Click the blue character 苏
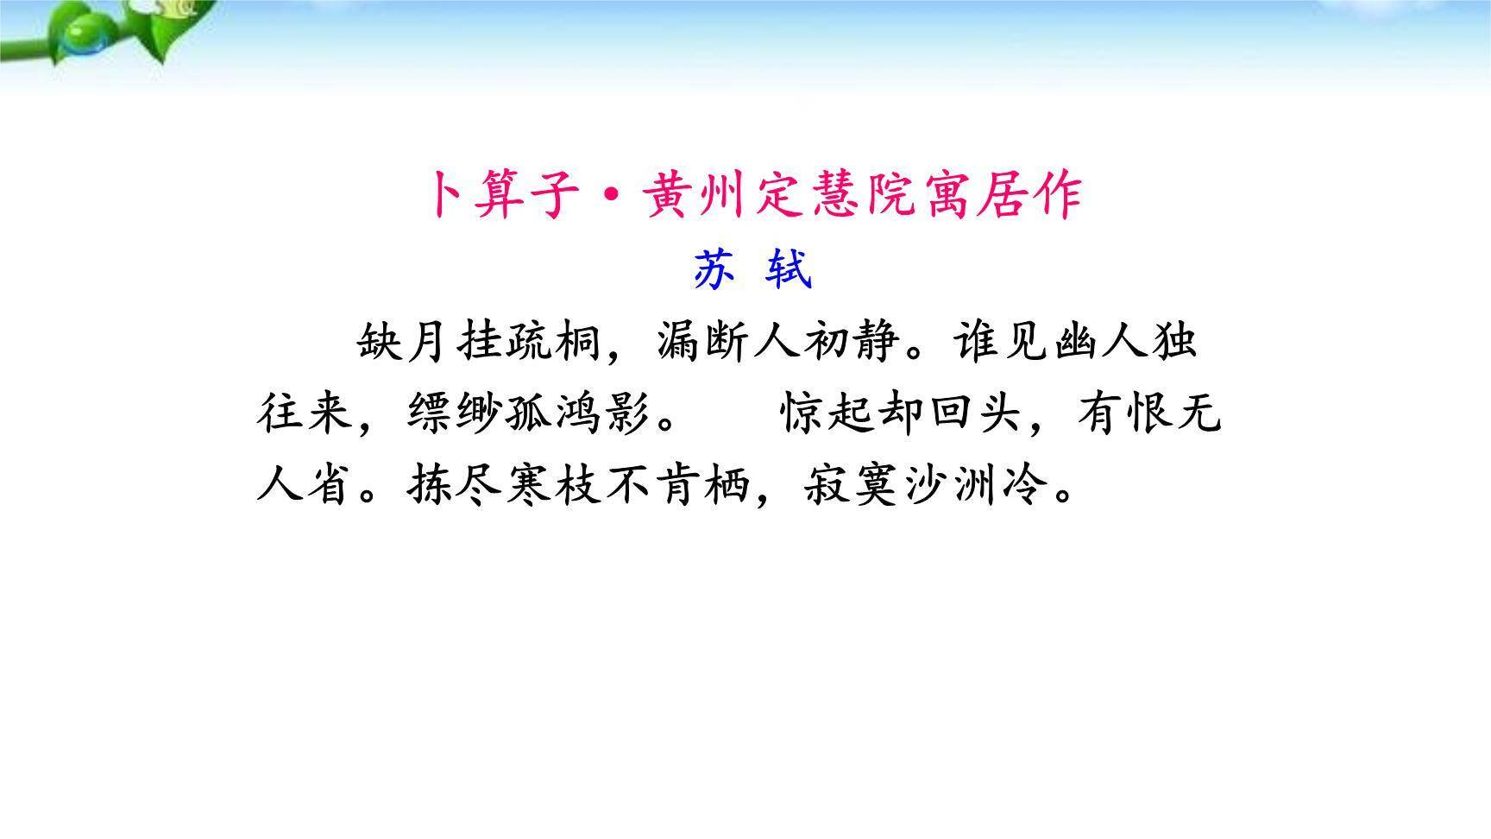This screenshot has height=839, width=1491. (x=714, y=271)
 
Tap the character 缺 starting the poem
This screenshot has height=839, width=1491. (x=381, y=343)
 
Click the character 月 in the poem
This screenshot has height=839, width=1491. (x=430, y=343)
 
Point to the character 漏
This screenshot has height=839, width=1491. (x=680, y=343)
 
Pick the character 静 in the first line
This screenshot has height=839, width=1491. (x=878, y=343)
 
